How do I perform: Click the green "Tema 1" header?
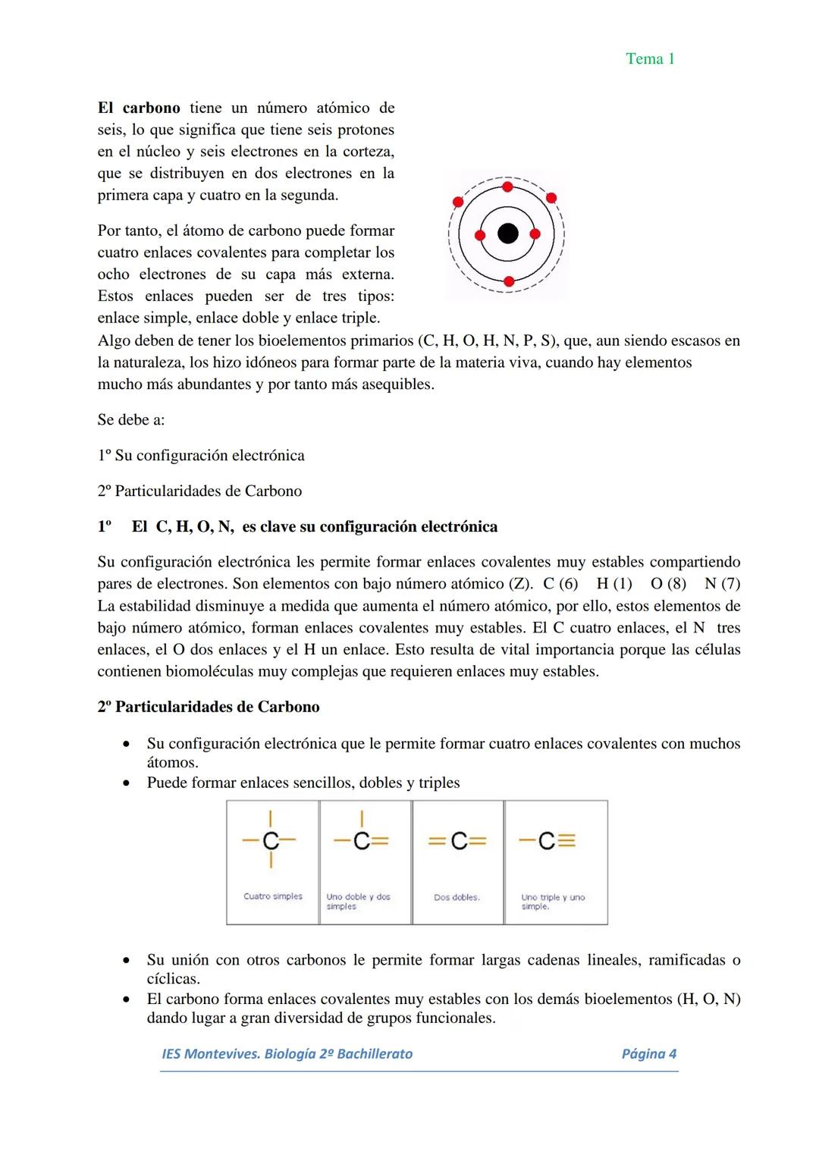pyautogui.click(x=650, y=59)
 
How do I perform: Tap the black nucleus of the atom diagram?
pyautogui.click(x=507, y=234)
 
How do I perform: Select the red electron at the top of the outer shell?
pyautogui.click(x=507, y=187)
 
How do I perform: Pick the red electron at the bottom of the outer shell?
pyautogui.click(x=509, y=281)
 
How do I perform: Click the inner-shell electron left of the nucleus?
pyautogui.click(x=479, y=234)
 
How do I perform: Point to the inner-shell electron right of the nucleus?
pyautogui.click(x=535, y=234)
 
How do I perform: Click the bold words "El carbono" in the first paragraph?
pyautogui.click(x=139, y=108)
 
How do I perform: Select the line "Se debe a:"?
pyautogui.click(x=130, y=419)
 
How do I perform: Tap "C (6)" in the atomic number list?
pyautogui.click(x=560, y=584)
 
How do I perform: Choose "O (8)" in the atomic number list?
pyautogui.click(x=668, y=584)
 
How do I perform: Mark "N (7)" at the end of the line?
pyautogui.click(x=722, y=584)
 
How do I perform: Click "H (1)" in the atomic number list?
pyautogui.click(x=614, y=584)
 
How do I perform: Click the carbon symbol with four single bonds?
pyautogui.click(x=271, y=840)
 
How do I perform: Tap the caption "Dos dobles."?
pyautogui.click(x=457, y=897)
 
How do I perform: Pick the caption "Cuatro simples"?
pyautogui.click(x=273, y=896)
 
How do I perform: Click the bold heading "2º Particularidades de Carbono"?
pyautogui.click(x=208, y=707)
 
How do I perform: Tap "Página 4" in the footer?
pyautogui.click(x=648, y=1053)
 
